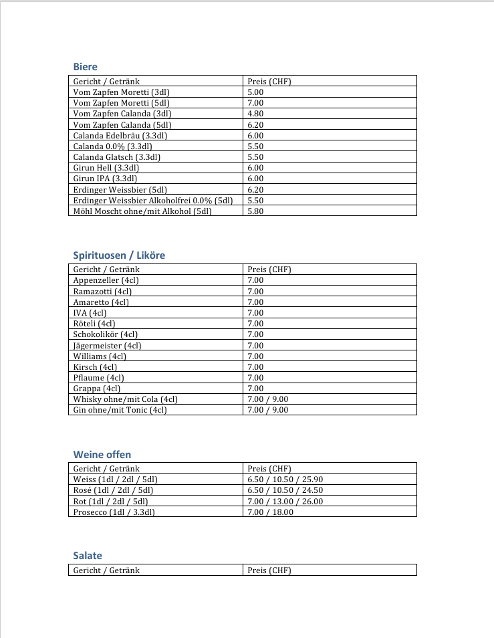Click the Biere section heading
pyautogui.click(x=85, y=67)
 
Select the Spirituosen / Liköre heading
pyautogui.click(x=119, y=255)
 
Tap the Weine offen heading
pyautogui.click(x=102, y=455)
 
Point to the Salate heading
pyautogui.click(x=88, y=556)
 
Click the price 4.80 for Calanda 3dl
pyautogui.click(x=255, y=114)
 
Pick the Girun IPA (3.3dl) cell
pyautogui.click(x=105, y=179)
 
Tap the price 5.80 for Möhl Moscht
pyautogui.click(x=255, y=211)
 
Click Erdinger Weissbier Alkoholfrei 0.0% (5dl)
pyautogui.click(x=153, y=200)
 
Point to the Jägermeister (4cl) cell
pyautogui.click(x=107, y=345)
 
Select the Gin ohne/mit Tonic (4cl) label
pyautogui.click(x=120, y=410)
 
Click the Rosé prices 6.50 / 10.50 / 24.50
pyautogui.click(x=285, y=490)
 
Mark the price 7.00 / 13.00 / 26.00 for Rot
pyautogui.click(x=285, y=501)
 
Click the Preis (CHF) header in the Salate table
pyautogui.click(x=269, y=570)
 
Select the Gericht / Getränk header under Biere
pyautogui.click(x=106, y=82)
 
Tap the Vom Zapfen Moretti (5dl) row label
pyautogui.click(x=121, y=103)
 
